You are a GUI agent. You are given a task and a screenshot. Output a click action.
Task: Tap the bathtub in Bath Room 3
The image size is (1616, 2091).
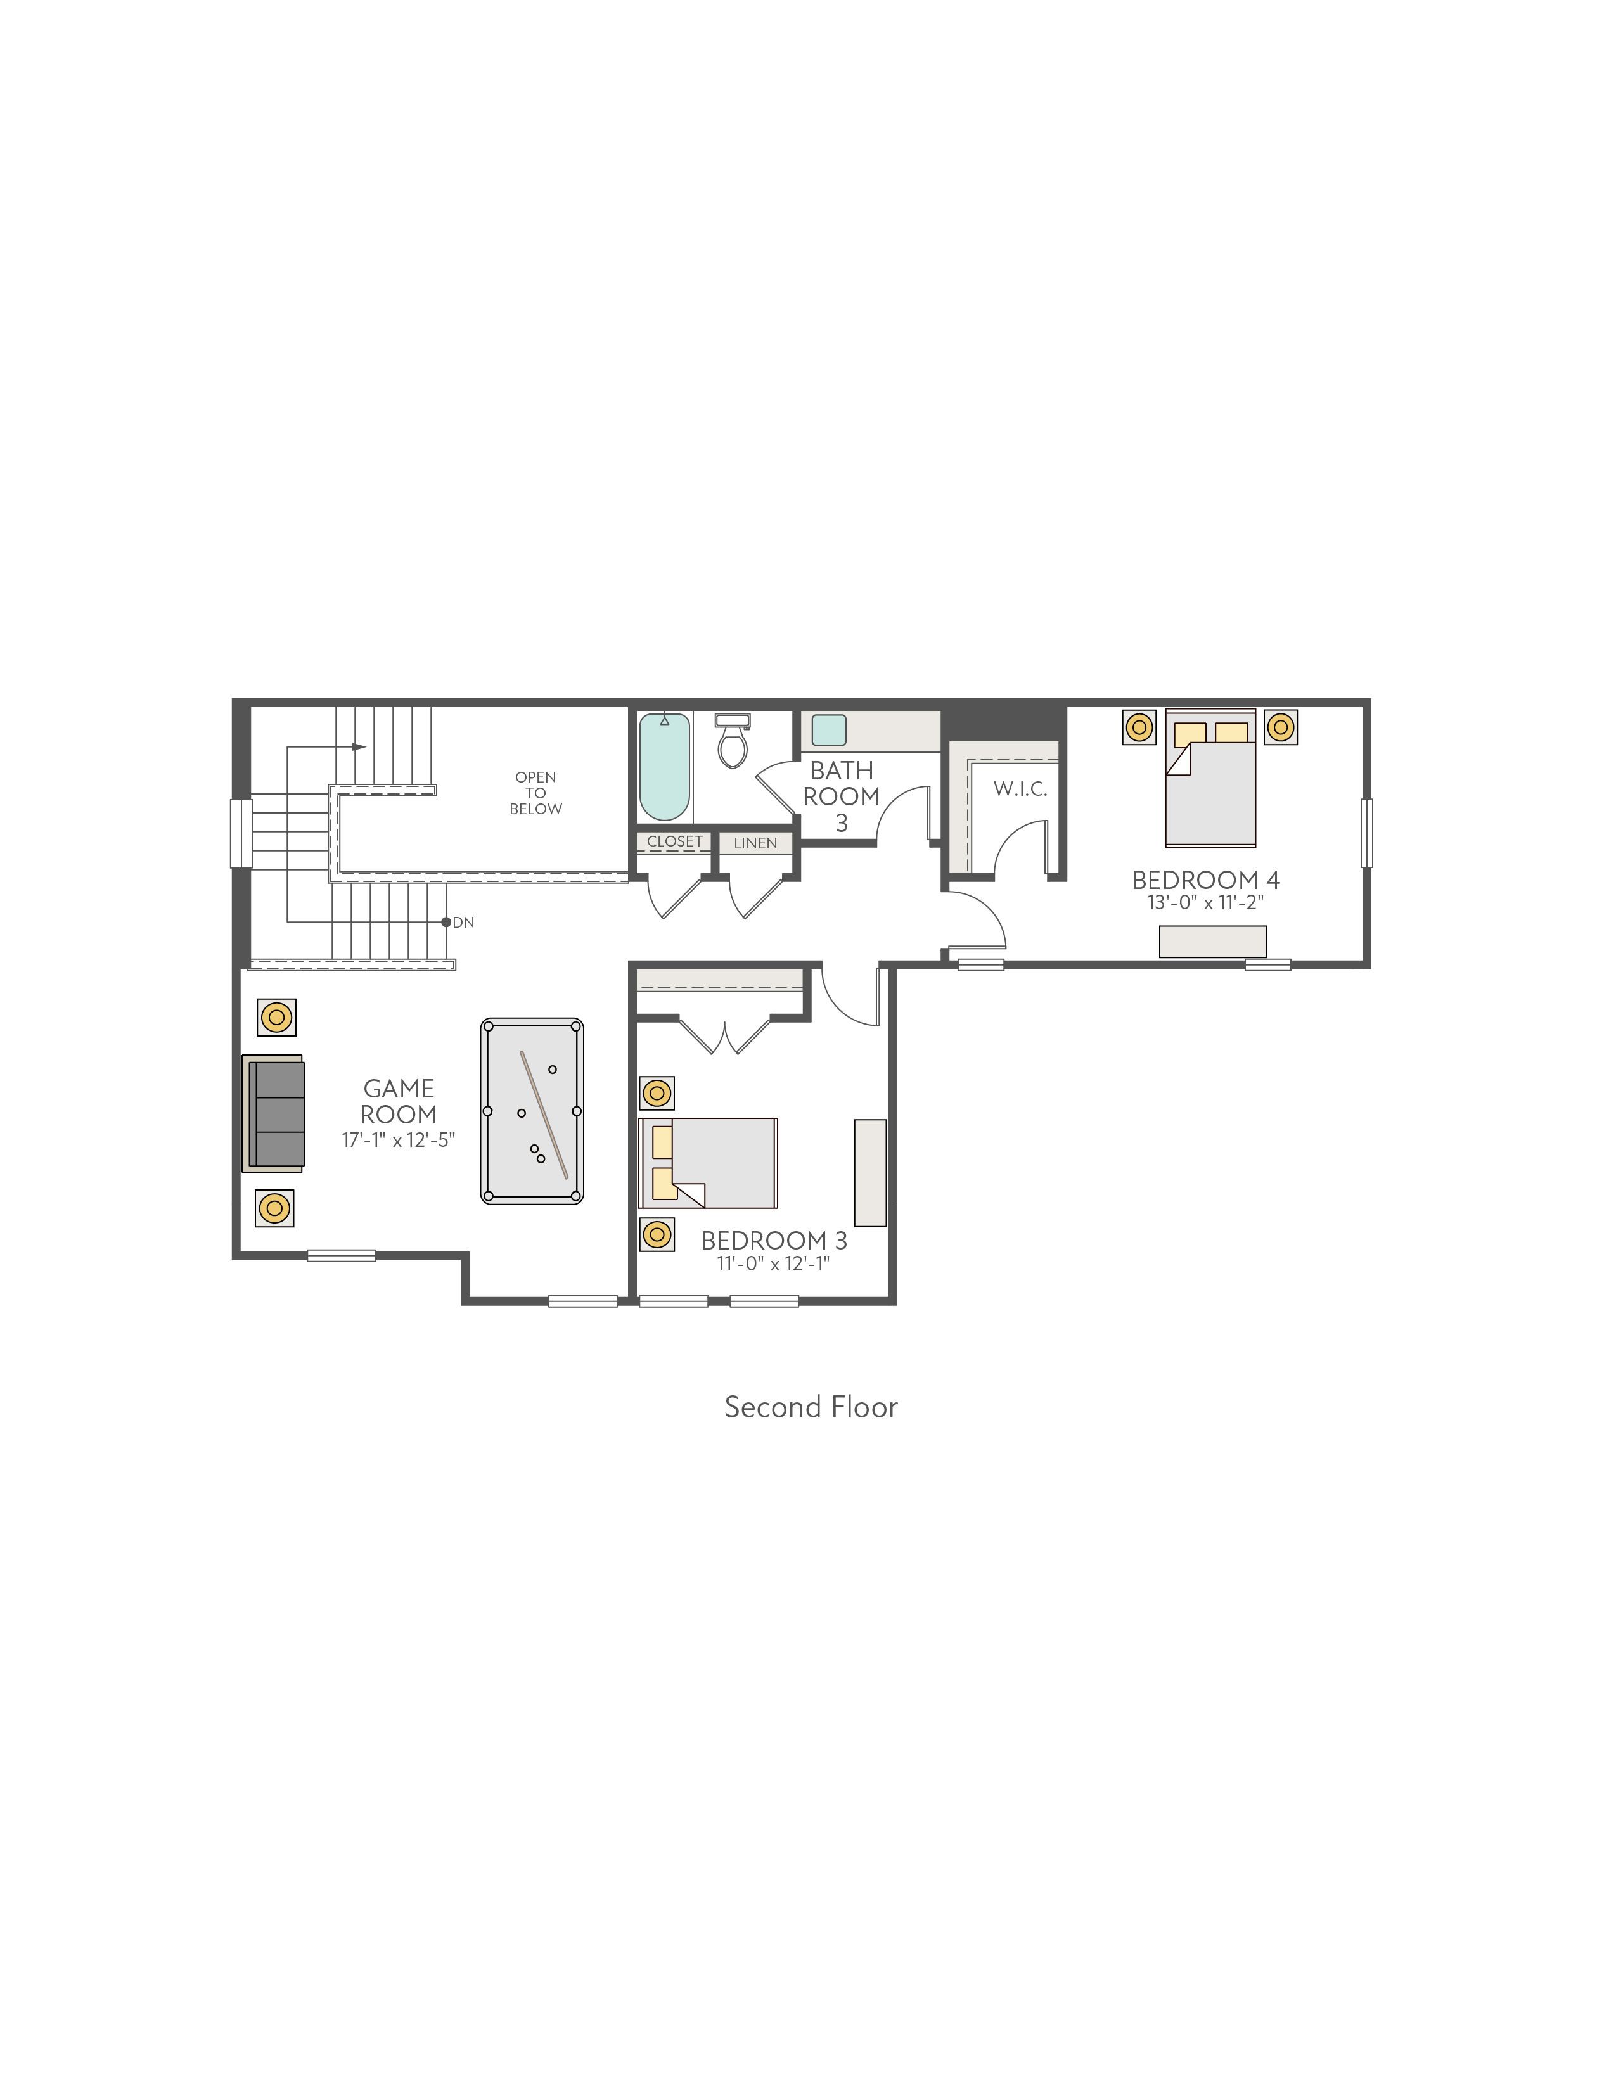click(x=664, y=767)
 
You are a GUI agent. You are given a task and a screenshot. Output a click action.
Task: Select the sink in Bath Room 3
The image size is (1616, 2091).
click(x=829, y=729)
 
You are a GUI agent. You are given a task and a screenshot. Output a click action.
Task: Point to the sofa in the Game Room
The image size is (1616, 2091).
click(x=274, y=1113)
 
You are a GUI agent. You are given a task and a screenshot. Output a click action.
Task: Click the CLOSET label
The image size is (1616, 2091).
click(x=675, y=841)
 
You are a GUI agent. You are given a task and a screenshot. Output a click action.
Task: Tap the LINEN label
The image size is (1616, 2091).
click(x=755, y=843)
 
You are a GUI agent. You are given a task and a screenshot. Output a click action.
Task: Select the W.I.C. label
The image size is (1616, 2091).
click(x=1020, y=789)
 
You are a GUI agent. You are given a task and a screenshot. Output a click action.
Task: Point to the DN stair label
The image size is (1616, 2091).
click(x=463, y=922)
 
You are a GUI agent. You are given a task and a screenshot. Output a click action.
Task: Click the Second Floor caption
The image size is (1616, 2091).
click(x=811, y=1407)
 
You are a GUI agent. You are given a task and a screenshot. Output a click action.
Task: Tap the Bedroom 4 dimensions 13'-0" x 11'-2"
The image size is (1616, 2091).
click(x=1205, y=902)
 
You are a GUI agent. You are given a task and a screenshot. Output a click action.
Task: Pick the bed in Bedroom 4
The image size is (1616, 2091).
click(x=1210, y=778)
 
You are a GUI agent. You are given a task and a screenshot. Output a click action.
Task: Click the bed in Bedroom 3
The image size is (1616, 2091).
click(x=709, y=1162)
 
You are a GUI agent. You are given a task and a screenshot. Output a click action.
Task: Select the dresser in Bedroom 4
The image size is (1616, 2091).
click(x=1213, y=941)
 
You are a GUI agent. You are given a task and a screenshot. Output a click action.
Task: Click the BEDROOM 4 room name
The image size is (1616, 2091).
click(x=1205, y=879)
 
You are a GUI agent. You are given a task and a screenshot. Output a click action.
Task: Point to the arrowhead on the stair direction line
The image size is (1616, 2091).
click(x=360, y=747)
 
